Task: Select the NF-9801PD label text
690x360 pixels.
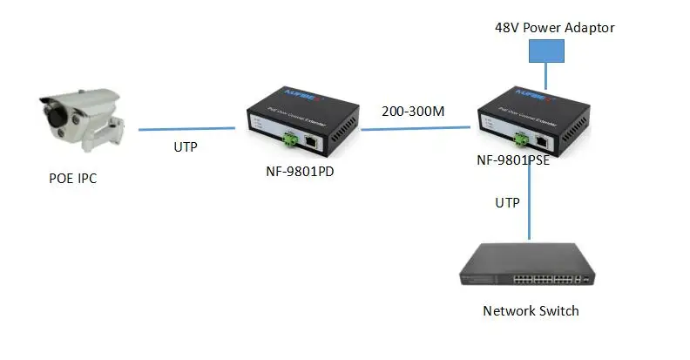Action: click(301, 171)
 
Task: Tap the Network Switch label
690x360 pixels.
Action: click(531, 310)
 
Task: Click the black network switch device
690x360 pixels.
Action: click(529, 267)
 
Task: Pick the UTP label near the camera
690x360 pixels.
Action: click(185, 146)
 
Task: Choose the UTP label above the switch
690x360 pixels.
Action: click(507, 203)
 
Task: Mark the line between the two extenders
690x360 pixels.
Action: click(418, 129)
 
